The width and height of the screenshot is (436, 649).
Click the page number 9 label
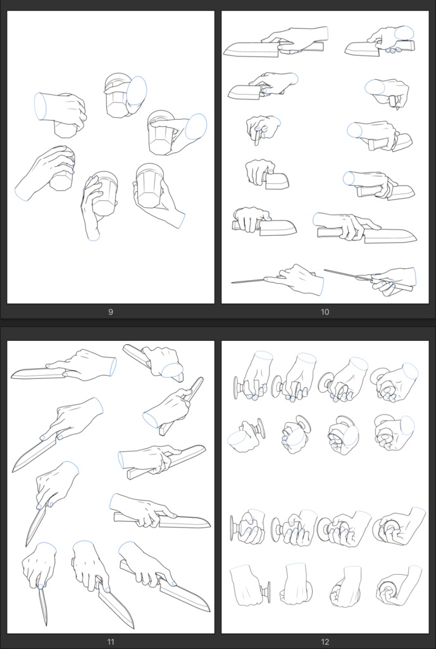point(110,312)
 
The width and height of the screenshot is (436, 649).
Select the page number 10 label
point(325,312)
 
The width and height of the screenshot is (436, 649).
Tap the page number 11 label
point(110,641)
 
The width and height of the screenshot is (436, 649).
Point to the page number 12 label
point(325,641)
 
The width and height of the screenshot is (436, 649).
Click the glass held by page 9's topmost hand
point(116,97)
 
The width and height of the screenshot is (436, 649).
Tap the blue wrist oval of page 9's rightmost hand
point(196,126)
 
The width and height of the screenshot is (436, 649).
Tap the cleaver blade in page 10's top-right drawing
point(361,49)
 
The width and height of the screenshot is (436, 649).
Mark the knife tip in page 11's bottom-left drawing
point(46,624)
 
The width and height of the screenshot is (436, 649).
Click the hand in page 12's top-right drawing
point(396,383)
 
